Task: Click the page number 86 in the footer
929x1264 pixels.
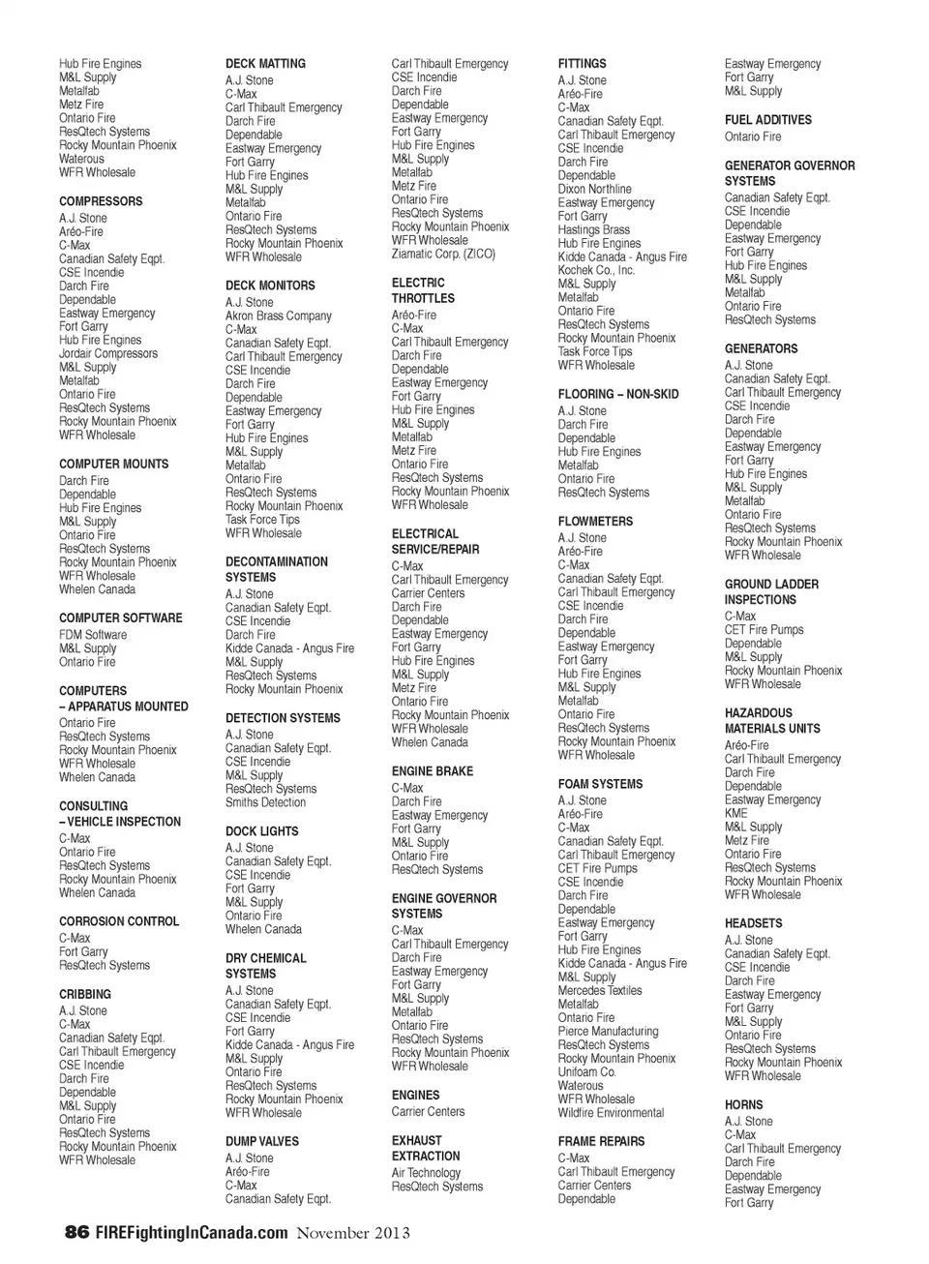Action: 76,1232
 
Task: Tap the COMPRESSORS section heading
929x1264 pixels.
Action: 101,201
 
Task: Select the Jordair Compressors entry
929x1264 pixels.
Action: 108,354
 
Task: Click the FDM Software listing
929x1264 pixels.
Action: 93,635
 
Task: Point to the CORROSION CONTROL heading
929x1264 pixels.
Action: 119,921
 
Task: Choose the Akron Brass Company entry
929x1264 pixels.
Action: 279,316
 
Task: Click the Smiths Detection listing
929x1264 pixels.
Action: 265,802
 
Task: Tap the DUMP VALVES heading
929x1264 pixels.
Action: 262,1141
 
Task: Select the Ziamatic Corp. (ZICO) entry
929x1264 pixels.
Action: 443,254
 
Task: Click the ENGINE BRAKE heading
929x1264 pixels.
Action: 433,771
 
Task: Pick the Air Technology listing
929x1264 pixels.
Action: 426,1173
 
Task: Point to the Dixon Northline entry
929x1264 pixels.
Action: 594,190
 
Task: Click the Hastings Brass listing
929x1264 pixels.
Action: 593,230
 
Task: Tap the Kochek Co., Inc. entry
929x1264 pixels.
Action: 596,271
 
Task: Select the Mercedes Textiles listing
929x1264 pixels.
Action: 600,991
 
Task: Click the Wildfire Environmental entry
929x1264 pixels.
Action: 611,1113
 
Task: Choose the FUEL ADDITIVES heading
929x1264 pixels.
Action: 768,120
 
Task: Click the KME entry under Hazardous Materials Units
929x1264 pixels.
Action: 736,814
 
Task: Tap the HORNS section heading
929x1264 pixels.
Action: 744,1104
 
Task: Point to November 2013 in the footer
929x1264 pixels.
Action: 353,1232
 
